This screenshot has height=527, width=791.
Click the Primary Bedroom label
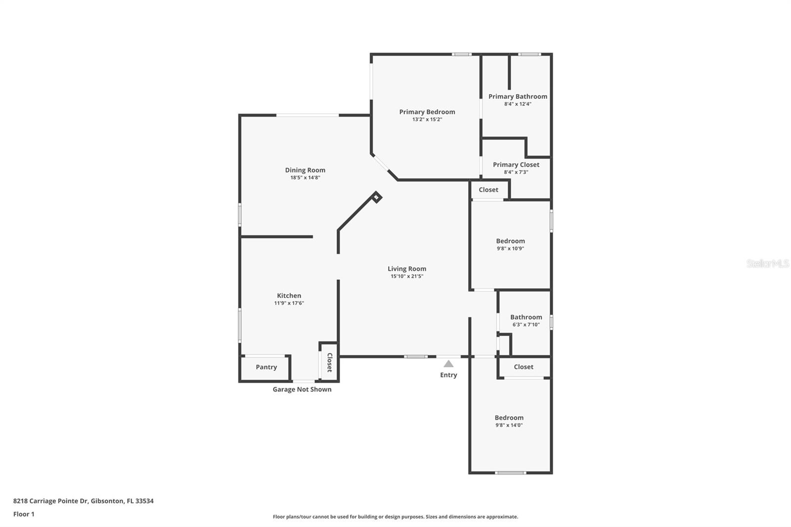pyautogui.click(x=427, y=112)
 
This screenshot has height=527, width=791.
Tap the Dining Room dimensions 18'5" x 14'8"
pyautogui.click(x=305, y=177)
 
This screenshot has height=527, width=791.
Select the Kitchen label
pyautogui.click(x=289, y=296)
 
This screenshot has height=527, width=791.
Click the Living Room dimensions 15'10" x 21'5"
pyautogui.click(x=407, y=276)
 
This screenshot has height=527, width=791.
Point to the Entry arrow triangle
pyautogui.click(x=448, y=364)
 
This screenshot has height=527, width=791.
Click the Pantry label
pyautogui.click(x=266, y=367)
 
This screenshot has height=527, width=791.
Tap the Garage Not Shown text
pyautogui.click(x=302, y=390)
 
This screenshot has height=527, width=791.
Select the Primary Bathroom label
pyautogui.click(x=518, y=96)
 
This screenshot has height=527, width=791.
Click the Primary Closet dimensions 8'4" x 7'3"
pyautogui.click(x=516, y=172)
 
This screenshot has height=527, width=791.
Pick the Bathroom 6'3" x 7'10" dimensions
pyautogui.click(x=526, y=325)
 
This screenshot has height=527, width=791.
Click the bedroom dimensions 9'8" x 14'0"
pyautogui.click(x=509, y=425)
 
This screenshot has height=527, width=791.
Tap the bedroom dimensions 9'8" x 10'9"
pyautogui.click(x=510, y=249)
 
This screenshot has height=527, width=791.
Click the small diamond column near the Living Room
pyautogui.click(x=377, y=197)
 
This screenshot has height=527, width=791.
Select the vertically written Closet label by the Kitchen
pyautogui.click(x=330, y=362)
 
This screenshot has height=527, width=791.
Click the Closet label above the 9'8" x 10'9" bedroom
pyautogui.click(x=488, y=190)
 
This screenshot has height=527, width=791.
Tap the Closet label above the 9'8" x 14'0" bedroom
pyautogui.click(x=524, y=367)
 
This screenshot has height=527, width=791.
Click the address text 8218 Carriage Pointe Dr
pyautogui.click(x=83, y=501)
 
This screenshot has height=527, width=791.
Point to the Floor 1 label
pyautogui.click(x=24, y=514)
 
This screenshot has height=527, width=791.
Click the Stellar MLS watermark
pyautogui.click(x=767, y=263)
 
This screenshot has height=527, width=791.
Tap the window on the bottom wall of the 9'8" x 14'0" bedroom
pyautogui.click(x=511, y=473)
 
